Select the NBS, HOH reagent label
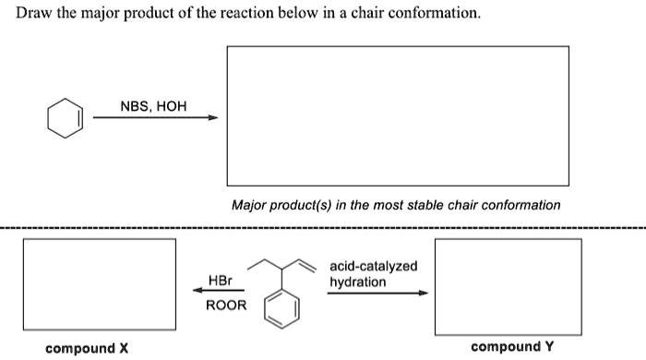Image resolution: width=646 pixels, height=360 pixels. tap(153, 106)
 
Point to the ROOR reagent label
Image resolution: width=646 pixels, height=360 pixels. tap(225, 305)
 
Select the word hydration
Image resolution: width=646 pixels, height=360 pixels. tap(357, 281)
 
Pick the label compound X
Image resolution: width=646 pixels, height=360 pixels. tap(87, 348)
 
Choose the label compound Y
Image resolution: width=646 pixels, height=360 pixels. tap(511, 346)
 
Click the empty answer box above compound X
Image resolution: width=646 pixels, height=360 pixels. tap(99, 286)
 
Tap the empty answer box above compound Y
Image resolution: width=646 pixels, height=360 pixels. tap(508, 286)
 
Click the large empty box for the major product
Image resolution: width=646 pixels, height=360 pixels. tap(398, 115)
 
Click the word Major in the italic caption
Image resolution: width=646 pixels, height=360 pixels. tap(248, 205)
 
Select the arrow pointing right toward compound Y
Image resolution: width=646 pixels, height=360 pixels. tap(378, 294)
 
